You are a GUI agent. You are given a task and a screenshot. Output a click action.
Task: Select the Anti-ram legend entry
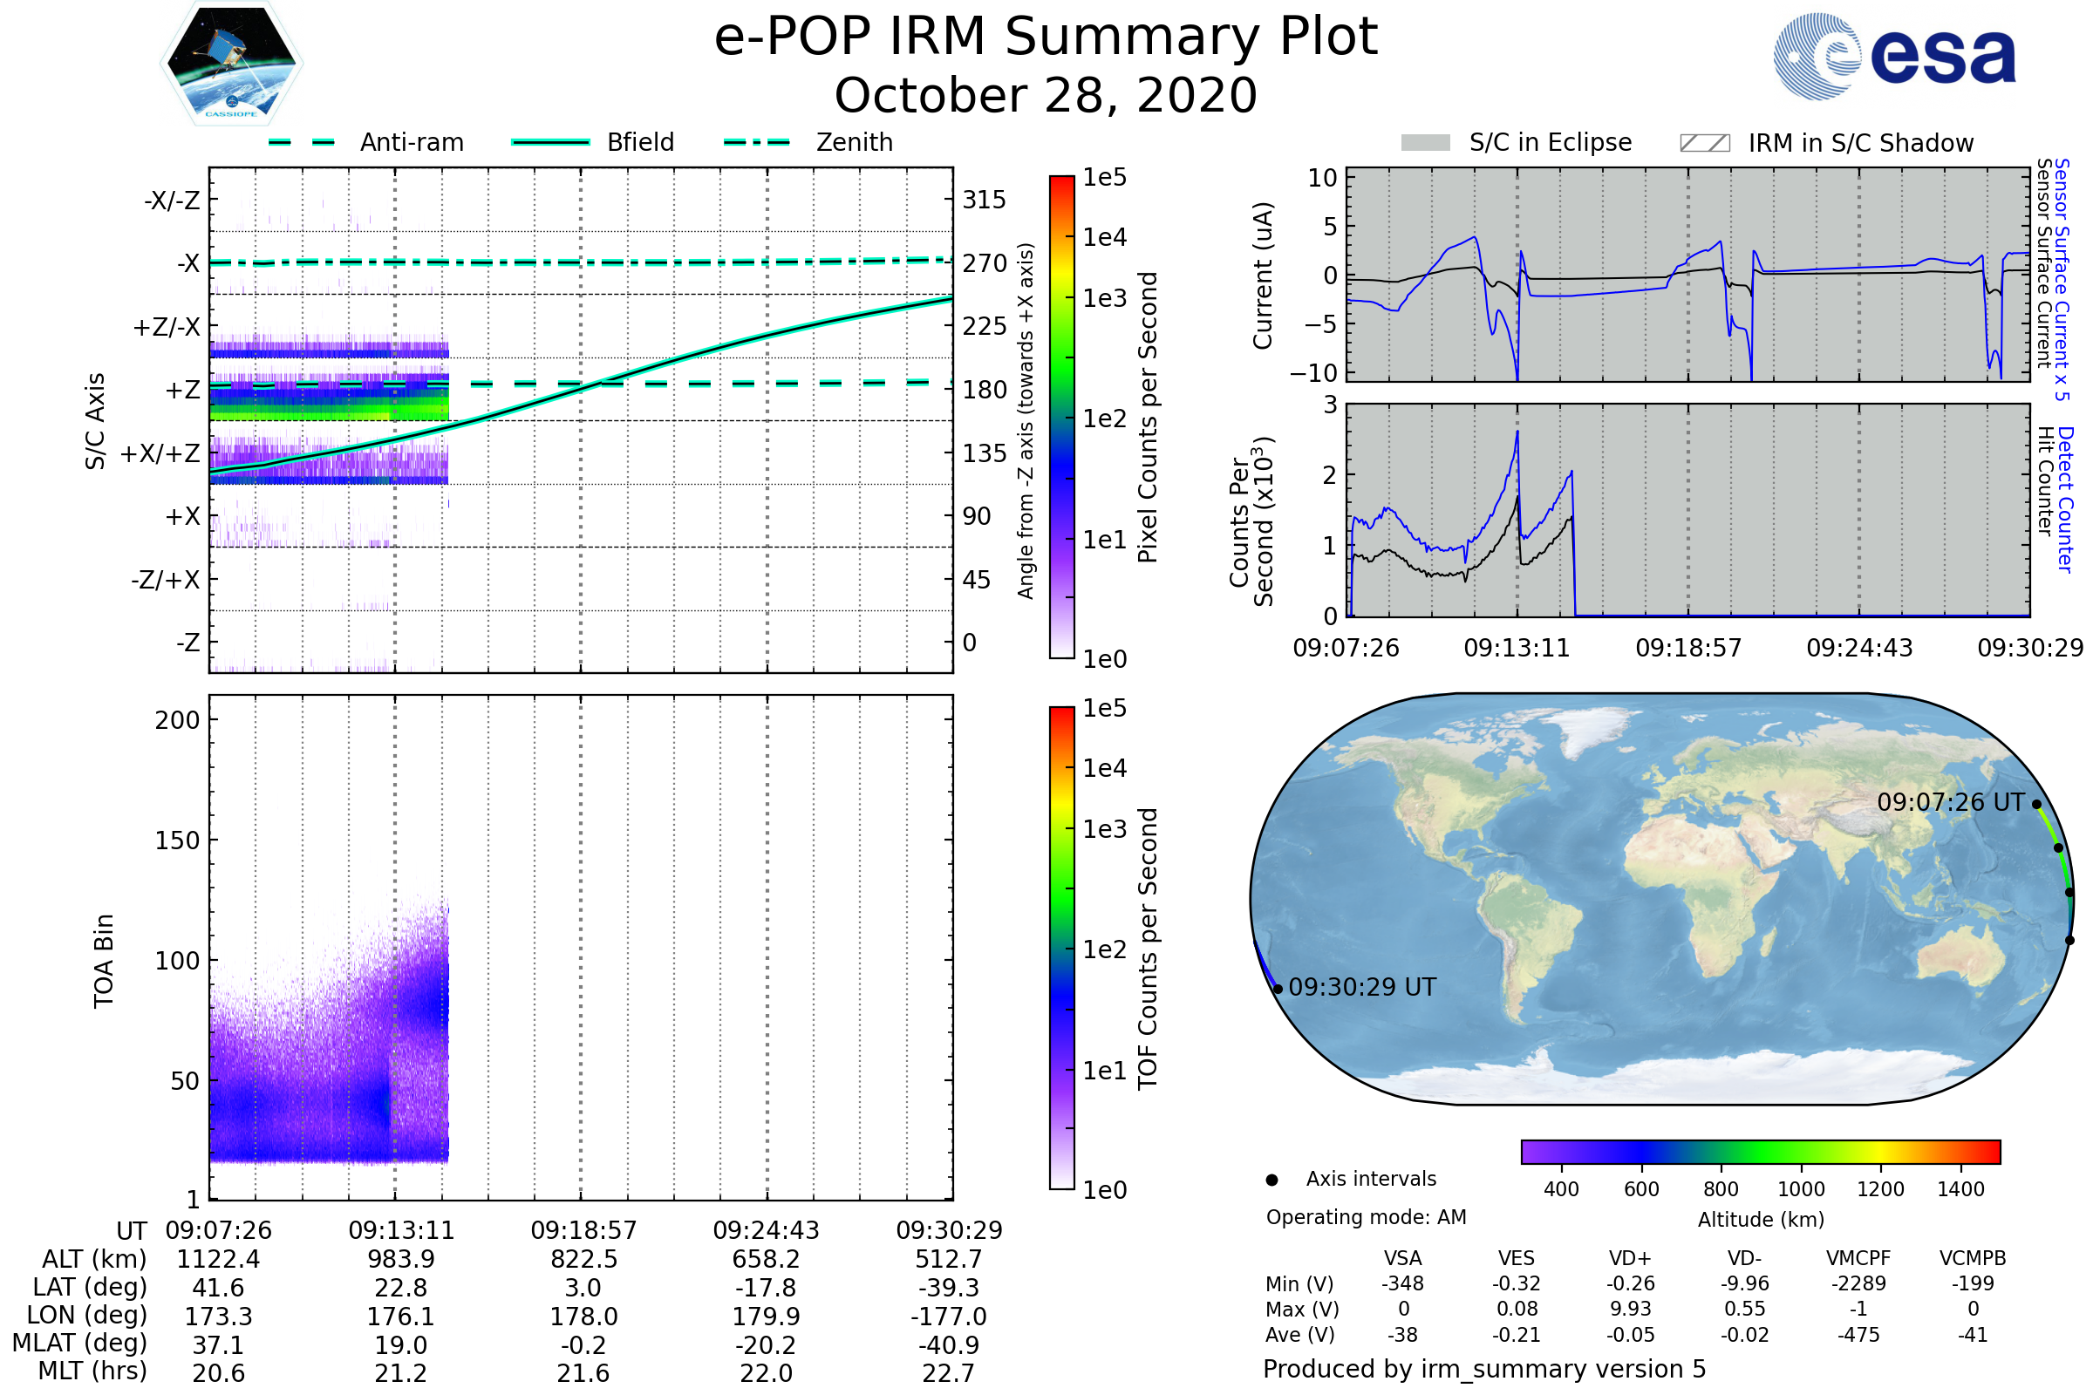click(x=366, y=142)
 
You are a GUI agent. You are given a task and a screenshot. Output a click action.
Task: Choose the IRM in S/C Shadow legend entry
click(x=1826, y=143)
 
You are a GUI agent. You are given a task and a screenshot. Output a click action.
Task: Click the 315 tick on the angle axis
click(x=984, y=201)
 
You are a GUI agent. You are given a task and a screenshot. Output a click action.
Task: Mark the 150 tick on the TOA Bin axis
click(x=177, y=840)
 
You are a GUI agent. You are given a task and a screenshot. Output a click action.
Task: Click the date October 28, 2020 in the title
click(x=1046, y=95)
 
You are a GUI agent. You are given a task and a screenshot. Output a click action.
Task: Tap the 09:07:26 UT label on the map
click(x=1950, y=802)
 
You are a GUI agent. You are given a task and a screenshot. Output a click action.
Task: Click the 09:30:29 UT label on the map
click(x=1361, y=988)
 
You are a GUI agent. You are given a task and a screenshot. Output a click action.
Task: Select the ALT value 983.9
click(x=401, y=1260)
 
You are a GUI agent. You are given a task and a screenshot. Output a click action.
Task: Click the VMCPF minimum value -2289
click(x=1858, y=1283)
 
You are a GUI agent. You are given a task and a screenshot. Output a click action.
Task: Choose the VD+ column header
click(x=1630, y=1258)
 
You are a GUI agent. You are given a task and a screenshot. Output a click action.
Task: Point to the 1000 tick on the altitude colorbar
click(x=1801, y=1189)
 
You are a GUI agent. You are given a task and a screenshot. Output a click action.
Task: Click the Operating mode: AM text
click(x=1366, y=1217)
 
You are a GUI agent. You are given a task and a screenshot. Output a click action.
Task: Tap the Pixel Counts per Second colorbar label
click(x=1148, y=418)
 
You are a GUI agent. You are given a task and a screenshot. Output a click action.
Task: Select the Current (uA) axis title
click(x=1263, y=276)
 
